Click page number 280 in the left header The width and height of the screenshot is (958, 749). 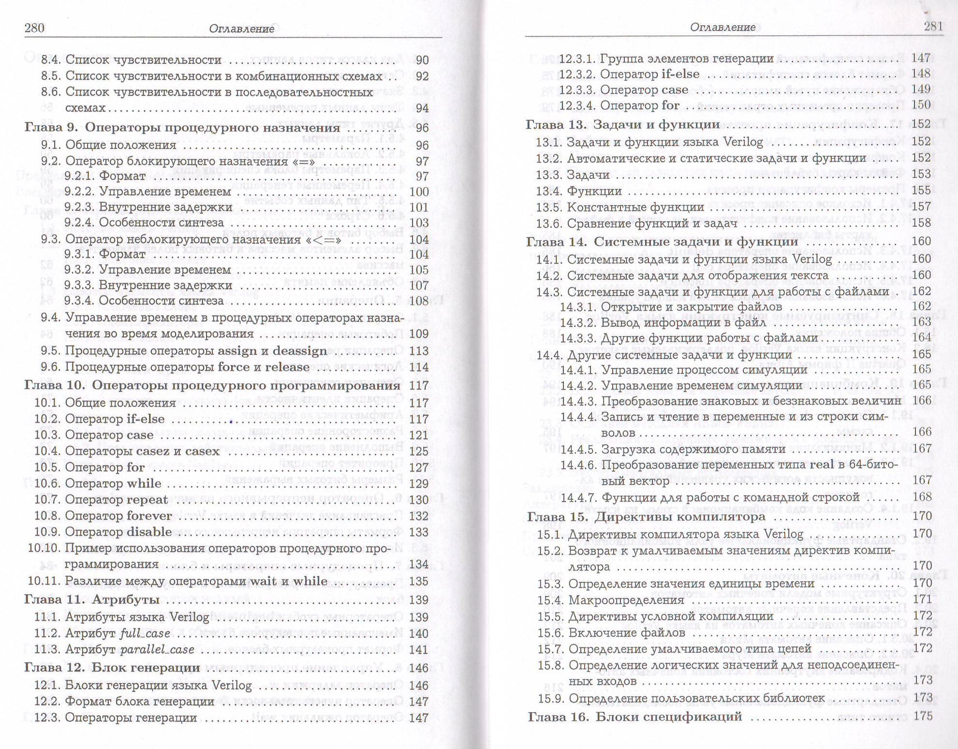34,28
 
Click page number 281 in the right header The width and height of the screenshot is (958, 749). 933,26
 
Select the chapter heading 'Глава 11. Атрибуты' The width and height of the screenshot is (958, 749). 92,600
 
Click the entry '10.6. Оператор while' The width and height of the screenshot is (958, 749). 98,484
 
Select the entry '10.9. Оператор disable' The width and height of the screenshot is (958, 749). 103,532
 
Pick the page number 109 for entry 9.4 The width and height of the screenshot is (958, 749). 419,334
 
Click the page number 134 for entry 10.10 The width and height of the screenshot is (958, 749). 419,565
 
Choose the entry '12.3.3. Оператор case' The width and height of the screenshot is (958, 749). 624,90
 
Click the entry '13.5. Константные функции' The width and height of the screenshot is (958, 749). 620,207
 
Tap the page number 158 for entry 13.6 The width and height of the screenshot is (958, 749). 921,223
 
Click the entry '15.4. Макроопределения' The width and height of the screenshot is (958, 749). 611,600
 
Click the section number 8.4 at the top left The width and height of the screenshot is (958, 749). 50,60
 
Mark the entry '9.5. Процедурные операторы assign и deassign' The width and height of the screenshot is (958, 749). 184,351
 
